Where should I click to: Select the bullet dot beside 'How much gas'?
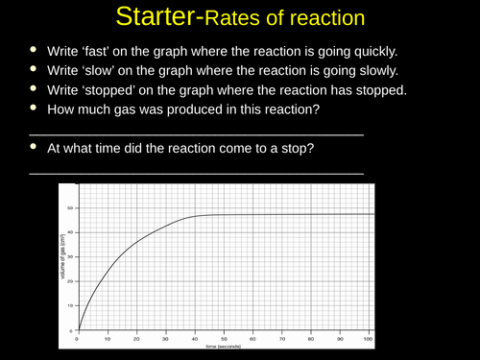tap(36, 111)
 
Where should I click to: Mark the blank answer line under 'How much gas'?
tap(197, 135)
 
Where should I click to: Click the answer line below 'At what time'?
tap(197, 174)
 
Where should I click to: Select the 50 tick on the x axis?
tap(224, 339)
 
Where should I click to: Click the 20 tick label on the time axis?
tap(135, 339)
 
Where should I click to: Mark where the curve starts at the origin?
tap(77, 329)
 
